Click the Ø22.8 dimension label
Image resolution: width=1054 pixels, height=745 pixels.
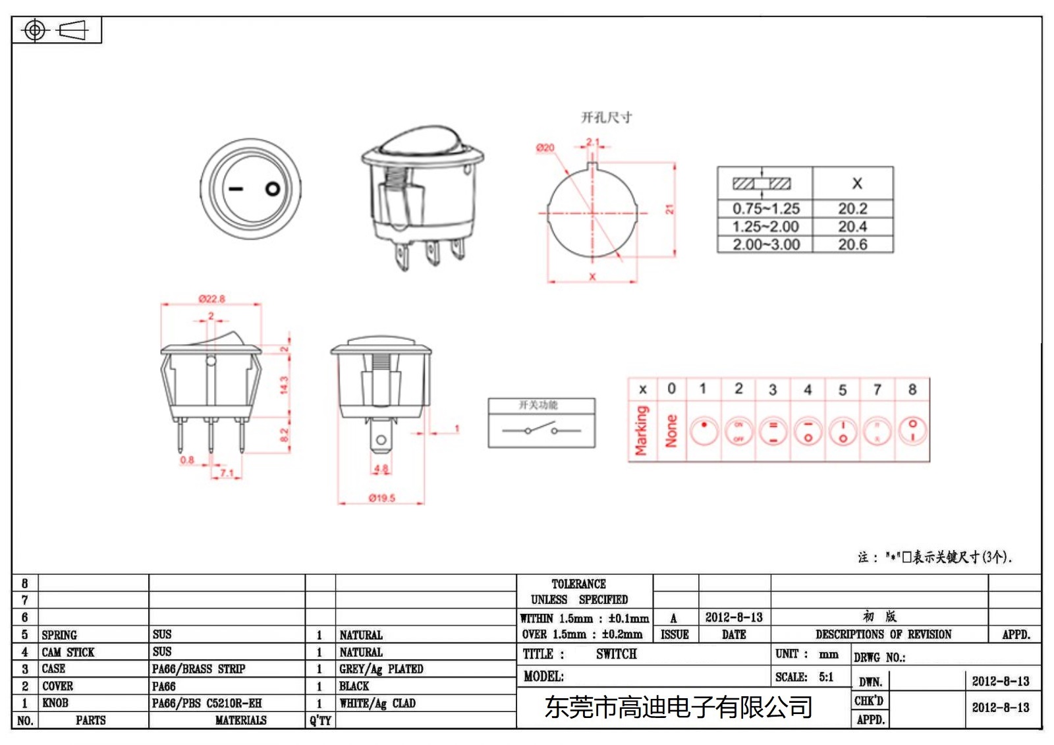click(211, 298)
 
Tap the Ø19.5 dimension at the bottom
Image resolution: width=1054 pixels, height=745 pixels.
click(382, 498)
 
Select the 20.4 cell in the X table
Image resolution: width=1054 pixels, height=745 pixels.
click(852, 227)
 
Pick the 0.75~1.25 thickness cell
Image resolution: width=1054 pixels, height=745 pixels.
click(765, 209)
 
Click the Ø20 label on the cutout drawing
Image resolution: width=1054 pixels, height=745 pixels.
click(545, 148)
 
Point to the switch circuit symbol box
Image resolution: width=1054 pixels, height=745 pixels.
click(541, 423)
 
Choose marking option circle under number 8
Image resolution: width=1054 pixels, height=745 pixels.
click(912, 431)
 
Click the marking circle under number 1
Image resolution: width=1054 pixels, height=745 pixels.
click(704, 431)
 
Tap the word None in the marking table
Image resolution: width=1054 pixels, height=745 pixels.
click(671, 431)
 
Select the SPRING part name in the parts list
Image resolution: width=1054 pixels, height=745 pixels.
click(59, 635)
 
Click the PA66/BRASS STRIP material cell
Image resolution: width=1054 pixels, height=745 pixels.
click(198, 669)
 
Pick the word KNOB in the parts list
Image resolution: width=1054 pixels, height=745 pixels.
click(55, 703)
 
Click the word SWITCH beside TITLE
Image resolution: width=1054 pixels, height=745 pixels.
click(616, 654)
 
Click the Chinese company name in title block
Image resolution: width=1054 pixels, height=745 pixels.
click(678, 707)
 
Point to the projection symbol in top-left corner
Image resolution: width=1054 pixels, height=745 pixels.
click(56, 30)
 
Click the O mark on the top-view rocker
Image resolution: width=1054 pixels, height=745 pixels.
click(273, 189)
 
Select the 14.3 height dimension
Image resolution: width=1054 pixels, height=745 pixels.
click(284, 385)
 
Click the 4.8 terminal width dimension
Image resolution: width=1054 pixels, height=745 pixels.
click(381, 469)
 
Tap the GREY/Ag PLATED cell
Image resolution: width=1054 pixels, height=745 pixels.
click(381, 669)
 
